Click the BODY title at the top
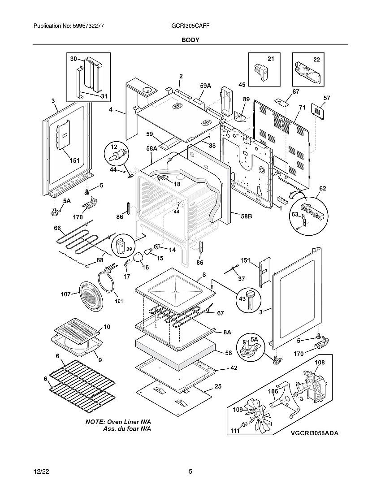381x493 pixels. [190, 40]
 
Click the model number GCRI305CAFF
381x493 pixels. [190, 26]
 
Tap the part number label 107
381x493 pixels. [65, 294]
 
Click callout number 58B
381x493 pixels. [246, 216]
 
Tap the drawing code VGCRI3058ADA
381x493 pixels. [314, 433]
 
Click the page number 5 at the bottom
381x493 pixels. [190, 471]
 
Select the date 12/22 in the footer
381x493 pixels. [41, 471]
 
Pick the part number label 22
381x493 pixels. [316, 60]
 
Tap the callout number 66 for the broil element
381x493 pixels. [57, 228]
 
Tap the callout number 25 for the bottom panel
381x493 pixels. [218, 386]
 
